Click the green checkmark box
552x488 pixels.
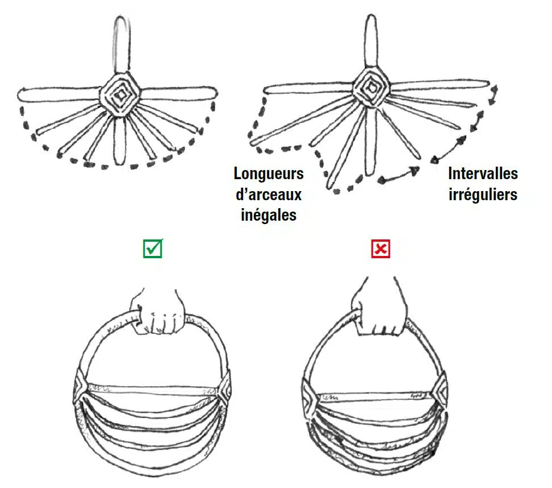tap(152, 249)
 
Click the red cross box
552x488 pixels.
tap(380, 249)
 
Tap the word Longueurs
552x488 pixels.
tap(269, 174)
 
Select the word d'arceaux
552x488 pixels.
tap(269, 195)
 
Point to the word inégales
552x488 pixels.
tap(269, 215)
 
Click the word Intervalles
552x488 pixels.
tap(483, 173)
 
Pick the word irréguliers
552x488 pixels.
tap(483, 195)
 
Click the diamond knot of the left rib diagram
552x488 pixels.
tap(120, 94)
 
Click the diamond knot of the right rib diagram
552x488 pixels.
tap(370, 87)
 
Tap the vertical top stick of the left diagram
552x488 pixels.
tap(121, 45)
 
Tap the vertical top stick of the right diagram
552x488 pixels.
tap(371, 42)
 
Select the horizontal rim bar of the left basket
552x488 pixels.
tap(153, 390)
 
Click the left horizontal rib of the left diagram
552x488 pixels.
tap(59, 94)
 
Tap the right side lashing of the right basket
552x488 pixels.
tap(440, 392)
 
